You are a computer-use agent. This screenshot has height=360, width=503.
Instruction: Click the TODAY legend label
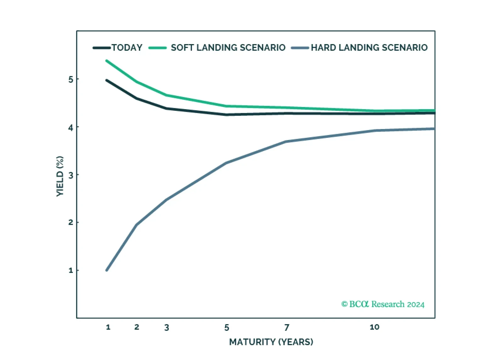[127, 48]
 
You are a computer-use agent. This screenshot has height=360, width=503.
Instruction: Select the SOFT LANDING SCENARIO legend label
[228, 48]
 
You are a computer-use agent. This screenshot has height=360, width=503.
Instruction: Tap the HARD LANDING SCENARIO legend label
[369, 48]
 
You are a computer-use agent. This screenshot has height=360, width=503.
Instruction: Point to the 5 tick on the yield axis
[71, 79]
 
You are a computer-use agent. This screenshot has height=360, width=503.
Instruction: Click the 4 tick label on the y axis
[71, 127]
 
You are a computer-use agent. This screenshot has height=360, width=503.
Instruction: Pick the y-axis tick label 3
[71, 175]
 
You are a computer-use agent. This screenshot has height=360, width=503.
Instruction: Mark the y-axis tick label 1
[71, 270]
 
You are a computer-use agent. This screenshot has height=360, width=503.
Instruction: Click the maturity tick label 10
[374, 327]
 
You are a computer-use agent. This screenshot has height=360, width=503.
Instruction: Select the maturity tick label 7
[287, 328]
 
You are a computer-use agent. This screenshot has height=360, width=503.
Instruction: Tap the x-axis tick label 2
[137, 327]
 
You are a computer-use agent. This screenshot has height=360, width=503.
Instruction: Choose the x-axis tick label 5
[227, 328]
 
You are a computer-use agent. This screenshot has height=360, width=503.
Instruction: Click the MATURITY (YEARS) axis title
[271, 342]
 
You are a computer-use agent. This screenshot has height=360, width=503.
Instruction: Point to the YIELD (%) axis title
[60, 176]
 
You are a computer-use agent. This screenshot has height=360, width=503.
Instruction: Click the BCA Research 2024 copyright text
[383, 304]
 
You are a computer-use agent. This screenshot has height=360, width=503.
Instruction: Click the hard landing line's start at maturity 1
[107, 270]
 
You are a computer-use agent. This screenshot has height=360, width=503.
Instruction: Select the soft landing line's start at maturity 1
[107, 61]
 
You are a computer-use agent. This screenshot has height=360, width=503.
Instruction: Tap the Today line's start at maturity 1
[107, 81]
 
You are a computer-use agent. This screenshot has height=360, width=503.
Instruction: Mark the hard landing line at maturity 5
[227, 163]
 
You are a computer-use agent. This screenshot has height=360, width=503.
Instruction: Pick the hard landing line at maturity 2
[137, 225]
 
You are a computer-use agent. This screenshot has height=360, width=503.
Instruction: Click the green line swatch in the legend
[157, 48]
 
